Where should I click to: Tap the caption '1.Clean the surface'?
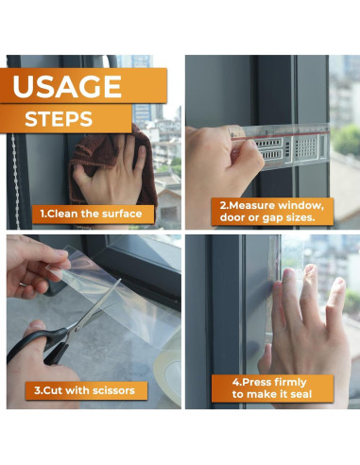(x=91, y=214)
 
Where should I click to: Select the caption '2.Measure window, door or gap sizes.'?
(x=268, y=211)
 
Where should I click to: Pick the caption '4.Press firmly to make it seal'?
(x=269, y=387)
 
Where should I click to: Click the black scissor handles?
(x=38, y=345)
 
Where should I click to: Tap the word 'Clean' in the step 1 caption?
(x=67, y=214)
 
